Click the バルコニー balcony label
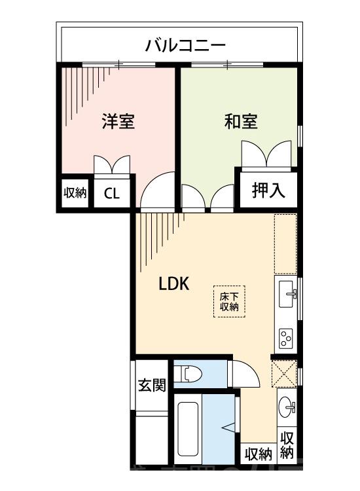(185, 46)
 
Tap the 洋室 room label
(118, 121)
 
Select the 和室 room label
(241, 121)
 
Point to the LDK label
(174, 283)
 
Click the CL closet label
(112, 194)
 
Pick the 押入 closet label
(268, 191)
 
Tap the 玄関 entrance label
(152, 385)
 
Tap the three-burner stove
(285, 338)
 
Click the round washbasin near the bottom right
(286, 406)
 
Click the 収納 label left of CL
(75, 193)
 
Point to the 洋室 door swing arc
(156, 191)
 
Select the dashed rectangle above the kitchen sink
(285, 244)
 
